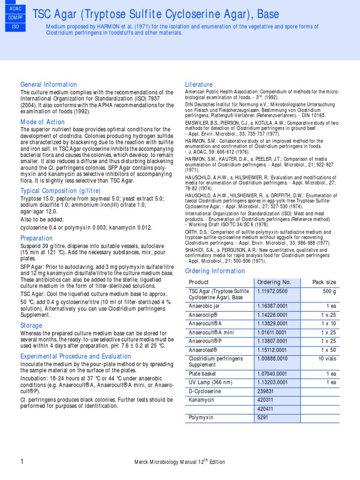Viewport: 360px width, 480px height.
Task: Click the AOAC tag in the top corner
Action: pos(15,9)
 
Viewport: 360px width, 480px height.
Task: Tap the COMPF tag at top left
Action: pos(15,18)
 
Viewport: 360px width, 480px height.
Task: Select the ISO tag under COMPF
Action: pos(15,27)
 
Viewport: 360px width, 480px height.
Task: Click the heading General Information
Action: pos(48,84)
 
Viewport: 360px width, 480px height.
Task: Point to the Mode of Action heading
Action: pos(42,122)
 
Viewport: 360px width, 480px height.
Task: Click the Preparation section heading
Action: pos(36,238)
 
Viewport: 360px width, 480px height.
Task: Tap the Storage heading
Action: pos(31,325)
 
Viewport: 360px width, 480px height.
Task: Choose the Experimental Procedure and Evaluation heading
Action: pos(75,356)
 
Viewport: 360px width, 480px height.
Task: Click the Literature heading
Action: pos(199,84)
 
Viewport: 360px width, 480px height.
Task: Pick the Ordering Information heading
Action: pos(215,271)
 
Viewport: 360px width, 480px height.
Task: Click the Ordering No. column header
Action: pos(274,282)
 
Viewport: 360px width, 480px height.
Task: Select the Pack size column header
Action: pos(324,282)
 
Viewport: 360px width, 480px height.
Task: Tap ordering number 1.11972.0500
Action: pos(272,291)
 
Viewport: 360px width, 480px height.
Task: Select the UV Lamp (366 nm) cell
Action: pos(211,382)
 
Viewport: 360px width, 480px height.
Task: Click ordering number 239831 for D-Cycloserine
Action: pos(266,391)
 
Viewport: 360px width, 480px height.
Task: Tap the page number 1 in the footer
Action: pos(22,462)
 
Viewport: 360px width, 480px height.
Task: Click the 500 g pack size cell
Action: pos(330,291)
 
